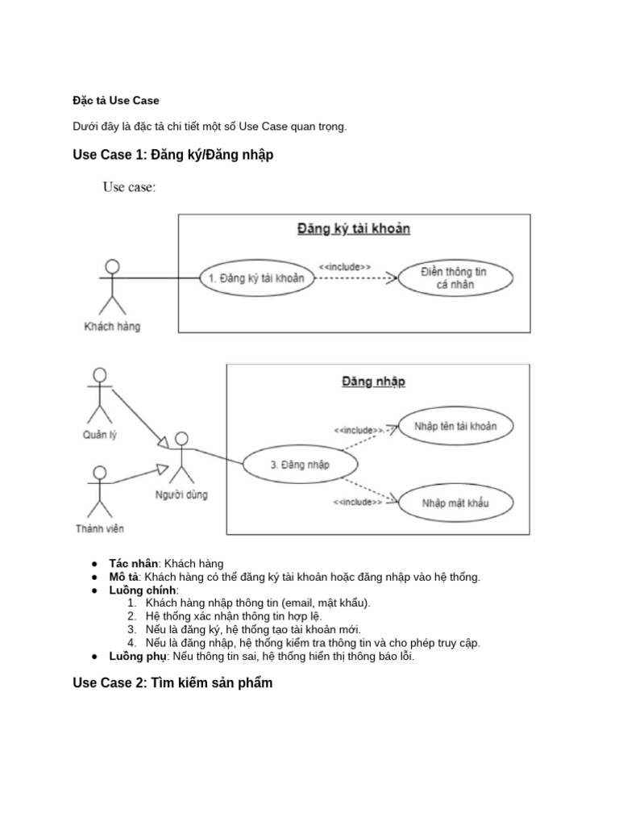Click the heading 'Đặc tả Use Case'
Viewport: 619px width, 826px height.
click(x=116, y=101)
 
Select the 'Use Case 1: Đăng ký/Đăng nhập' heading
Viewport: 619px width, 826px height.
click(x=172, y=155)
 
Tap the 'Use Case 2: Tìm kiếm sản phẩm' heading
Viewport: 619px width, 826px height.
click(x=172, y=683)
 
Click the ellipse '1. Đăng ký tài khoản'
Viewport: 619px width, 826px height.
click(x=256, y=278)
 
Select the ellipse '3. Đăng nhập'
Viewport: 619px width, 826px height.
click(x=300, y=465)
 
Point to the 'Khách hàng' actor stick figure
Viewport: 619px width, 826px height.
click(x=112, y=287)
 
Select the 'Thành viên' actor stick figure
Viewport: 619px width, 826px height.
click(x=100, y=491)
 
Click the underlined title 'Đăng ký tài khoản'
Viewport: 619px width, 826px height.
click(x=354, y=229)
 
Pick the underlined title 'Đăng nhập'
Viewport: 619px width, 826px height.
click(x=374, y=381)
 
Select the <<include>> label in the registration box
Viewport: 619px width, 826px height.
click(x=345, y=265)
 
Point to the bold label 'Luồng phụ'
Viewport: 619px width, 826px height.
click(x=136, y=657)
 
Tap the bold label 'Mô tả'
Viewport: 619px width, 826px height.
click(x=124, y=577)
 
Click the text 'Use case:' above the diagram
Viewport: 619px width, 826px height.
click(x=129, y=188)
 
